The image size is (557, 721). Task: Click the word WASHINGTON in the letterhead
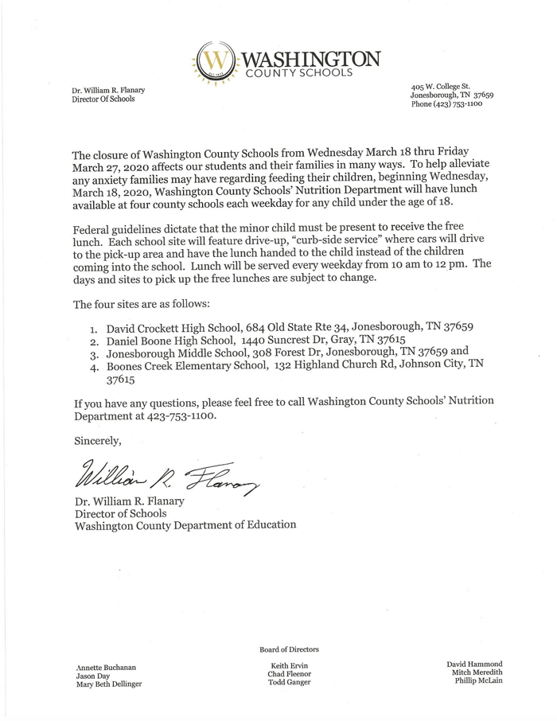click(x=312, y=57)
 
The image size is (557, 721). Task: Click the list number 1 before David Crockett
click(x=93, y=326)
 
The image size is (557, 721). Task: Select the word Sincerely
click(x=97, y=439)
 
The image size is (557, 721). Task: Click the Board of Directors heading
click(x=289, y=649)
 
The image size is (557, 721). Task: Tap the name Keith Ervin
click(x=289, y=665)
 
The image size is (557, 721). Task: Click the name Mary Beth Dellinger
click(x=109, y=684)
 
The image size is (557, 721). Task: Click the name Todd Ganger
click(x=289, y=683)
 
